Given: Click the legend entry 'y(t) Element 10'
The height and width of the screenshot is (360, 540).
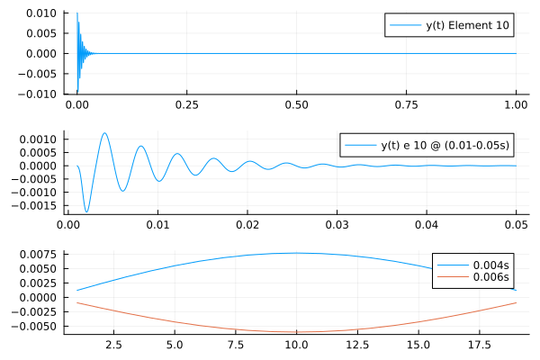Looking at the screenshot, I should click(468, 26).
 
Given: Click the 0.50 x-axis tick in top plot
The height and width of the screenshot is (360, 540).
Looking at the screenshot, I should click(297, 104).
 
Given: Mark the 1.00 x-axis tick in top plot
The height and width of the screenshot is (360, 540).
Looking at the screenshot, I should click(516, 104).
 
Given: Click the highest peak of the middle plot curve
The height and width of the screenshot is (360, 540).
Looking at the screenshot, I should click(105, 133).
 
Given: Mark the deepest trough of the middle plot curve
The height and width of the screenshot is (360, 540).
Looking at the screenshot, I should click(87, 212).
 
